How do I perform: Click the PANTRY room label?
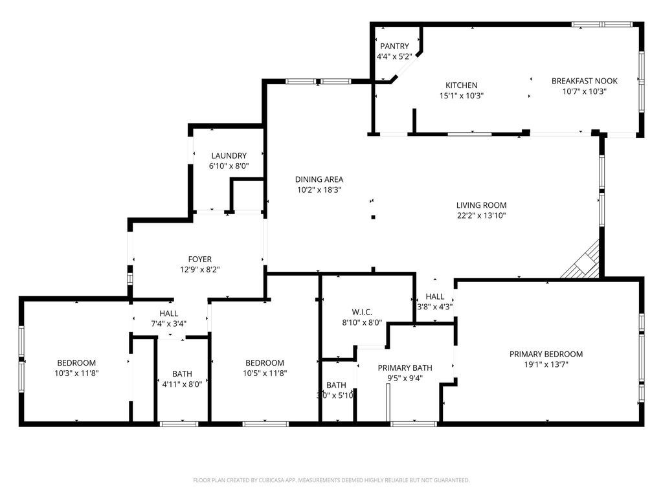(x=394, y=46)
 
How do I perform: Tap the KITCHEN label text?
(x=461, y=85)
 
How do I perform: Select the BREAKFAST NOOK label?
(x=584, y=81)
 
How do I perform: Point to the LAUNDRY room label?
(x=229, y=156)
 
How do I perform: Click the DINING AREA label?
(x=319, y=179)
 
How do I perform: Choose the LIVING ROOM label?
(x=481, y=205)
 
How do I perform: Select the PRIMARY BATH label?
(x=405, y=368)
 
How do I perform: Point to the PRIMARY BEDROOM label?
(x=546, y=354)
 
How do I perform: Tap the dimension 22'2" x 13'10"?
(x=481, y=215)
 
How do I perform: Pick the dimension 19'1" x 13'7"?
(x=546, y=364)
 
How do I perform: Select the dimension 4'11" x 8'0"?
(x=182, y=384)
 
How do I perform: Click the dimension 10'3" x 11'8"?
(x=76, y=373)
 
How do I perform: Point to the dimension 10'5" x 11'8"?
(x=265, y=373)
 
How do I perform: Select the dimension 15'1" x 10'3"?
(x=461, y=96)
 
